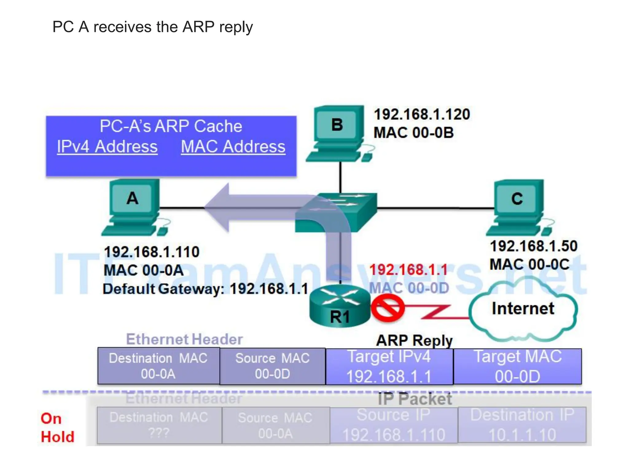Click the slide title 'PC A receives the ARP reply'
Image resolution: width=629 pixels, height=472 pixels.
[x=152, y=27]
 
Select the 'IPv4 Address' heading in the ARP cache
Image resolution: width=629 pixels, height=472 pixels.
[x=107, y=147]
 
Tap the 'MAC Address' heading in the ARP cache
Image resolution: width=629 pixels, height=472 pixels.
[x=233, y=147]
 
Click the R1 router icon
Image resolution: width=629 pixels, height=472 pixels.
[x=340, y=306]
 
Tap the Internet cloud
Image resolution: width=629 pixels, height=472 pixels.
[x=523, y=309]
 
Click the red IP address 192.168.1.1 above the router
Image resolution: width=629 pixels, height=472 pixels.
[x=408, y=270]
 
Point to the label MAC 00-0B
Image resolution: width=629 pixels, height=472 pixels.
[x=413, y=133]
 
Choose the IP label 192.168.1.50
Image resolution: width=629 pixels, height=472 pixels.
[x=533, y=246]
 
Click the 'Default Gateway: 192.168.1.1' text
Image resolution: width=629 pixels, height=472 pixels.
[x=205, y=289]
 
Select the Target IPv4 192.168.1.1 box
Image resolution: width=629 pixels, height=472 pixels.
[x=389, y=366]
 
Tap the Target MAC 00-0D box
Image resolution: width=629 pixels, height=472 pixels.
[x=517, y=366]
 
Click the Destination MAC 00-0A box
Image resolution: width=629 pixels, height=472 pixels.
[x=158, y=366]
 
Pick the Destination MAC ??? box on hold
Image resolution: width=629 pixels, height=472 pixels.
[x=159, y=425]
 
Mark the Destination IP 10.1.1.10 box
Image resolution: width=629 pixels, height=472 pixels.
[x=522, y=425]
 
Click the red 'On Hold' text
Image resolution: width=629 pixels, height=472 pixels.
[x=57, y=428]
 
